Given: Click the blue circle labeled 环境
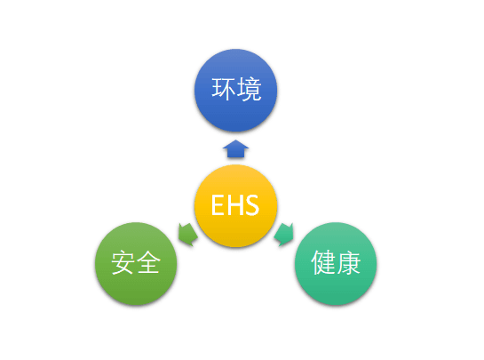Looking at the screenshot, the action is pos(236,91).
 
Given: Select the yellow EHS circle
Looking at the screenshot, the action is pos(236,206).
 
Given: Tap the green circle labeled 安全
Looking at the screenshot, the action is pos(136,264).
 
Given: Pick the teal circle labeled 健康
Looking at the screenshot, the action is pos(336,264).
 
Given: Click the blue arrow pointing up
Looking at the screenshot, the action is pos(236,149).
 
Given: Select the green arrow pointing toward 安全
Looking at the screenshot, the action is pos(187,235).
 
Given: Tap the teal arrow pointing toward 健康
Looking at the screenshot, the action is pos(284,235).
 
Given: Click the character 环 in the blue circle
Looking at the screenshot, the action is pos(224,89).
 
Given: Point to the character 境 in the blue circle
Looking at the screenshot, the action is pos(249,89).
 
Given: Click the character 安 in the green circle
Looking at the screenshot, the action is pos(123,262).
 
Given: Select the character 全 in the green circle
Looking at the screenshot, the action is pos(148,262).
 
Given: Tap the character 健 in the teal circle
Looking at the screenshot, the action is pos(323,262).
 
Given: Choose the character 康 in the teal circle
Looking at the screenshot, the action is pos(348,262).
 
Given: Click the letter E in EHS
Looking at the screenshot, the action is pos(218,204).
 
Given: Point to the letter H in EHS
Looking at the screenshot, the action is pos(234,204).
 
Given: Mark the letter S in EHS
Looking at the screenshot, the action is pos(251,204).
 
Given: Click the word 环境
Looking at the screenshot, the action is pos(236,89).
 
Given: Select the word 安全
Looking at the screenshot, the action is pos(136,262).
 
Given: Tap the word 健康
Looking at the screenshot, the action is pos(336,262).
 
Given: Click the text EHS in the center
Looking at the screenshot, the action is pos(235,204).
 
